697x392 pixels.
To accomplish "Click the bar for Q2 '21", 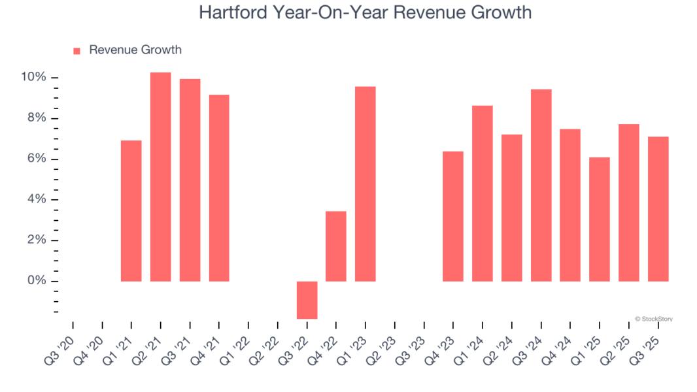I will tap(160, 176).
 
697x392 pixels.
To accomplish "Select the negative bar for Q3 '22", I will tap(307, 300).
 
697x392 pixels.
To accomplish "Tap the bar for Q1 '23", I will tap(365, 184).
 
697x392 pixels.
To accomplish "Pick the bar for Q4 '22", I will tap(336, 246).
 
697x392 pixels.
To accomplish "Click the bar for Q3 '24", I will tap(541, 185).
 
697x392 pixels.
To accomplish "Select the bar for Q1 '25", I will tap(600, 219).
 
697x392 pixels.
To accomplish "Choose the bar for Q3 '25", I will tap(658, 209).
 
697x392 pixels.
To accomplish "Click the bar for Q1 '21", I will tap(131, 210).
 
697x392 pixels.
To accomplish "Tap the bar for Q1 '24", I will tap(483, 193).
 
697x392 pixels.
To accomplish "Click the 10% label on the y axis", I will tap(33, 78).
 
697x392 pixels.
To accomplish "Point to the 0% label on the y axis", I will tap(37, 282).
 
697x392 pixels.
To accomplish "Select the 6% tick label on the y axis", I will tap(37, 159).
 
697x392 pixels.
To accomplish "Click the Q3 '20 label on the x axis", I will tap(58, 346).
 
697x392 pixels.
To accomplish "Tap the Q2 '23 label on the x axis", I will tap(380, 346).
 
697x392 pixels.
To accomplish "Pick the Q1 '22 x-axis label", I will tap(233, 346).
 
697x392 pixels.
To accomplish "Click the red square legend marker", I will tap(76, 51).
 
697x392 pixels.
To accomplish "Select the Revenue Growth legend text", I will tap(135, 50).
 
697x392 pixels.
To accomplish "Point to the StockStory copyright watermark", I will tap(653, 319).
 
